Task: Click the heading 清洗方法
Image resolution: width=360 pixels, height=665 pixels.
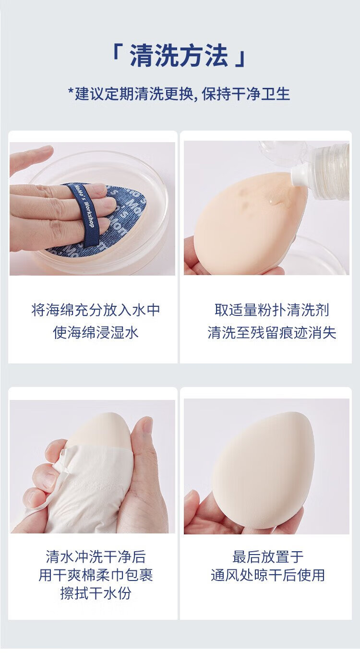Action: point(179,55)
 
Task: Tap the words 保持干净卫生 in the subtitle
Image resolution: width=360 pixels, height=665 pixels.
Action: point(246,94)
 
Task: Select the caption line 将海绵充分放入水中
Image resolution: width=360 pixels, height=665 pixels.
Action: point(96,310)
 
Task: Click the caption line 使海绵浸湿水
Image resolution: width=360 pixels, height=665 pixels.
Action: point(96,332)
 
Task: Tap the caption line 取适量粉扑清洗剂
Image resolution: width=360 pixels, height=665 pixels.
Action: point(272,310)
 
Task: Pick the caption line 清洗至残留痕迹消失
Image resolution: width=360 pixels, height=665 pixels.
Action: point(272,332)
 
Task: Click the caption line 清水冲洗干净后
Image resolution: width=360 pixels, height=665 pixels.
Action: point(96,557)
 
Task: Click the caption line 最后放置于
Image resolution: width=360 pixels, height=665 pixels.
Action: point(268,557)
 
